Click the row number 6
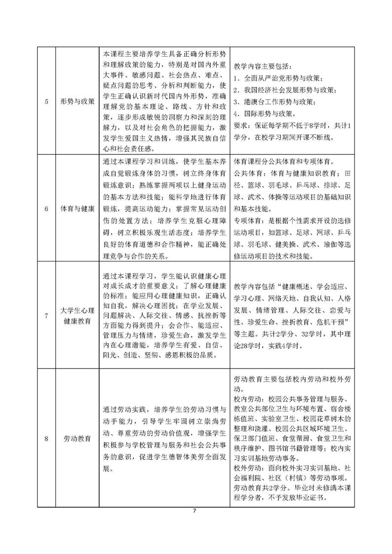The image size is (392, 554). [x=46, y=209]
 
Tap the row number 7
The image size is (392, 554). [x=46, y=316]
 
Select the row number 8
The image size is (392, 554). [x=46, y=439]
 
